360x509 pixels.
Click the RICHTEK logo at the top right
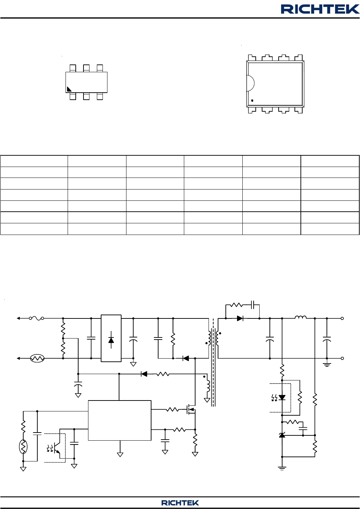click(x=320, y=9)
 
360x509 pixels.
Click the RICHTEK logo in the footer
click(x=180, y=503)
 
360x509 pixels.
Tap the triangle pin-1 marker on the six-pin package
click(x=69, y=89)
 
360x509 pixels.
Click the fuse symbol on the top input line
click(x=36, y=318)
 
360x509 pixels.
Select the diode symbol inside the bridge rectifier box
click(x=111, y=340)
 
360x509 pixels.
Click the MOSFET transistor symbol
click(x=191, y=410)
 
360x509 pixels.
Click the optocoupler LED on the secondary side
click(x=282, y=397)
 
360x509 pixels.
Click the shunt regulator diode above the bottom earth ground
click(x=282, y=435)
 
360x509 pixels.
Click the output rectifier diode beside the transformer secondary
click(x=240, y=318)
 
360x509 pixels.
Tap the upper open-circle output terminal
click(x=342, y=318)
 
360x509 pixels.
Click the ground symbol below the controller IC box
click(x=120, y=454)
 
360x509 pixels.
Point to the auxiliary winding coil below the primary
click(x=208, y=386)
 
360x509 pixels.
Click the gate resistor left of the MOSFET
click(x=172, y=410)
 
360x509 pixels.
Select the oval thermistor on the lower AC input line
click(x=37, y=359)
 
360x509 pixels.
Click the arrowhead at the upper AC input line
click(x=18, y=318)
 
